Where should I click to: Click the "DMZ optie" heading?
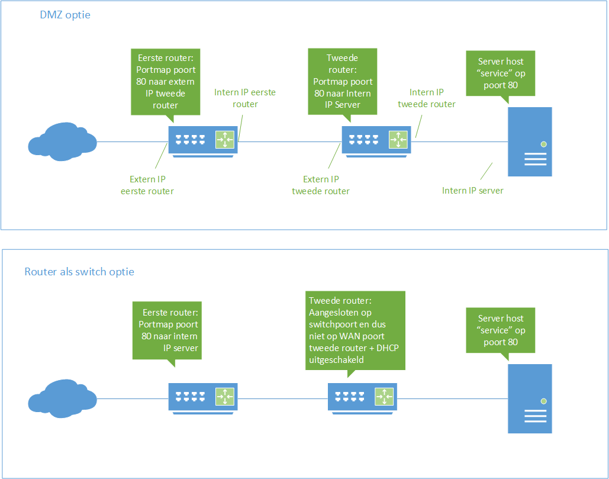[65, 15]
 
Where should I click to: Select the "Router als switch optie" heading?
[79, 272]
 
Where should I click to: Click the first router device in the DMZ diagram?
[202, 141]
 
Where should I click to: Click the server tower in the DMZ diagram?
[530, 142]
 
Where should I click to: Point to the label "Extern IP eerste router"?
[152, 185]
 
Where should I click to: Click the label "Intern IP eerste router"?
[245, 98]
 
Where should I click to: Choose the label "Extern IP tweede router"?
[321, 185]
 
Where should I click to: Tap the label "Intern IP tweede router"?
[427, 98]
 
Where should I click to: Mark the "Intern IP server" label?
[473, 191]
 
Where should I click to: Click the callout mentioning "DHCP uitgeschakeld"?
[355, 330]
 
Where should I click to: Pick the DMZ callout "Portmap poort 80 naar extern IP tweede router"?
[166, 82]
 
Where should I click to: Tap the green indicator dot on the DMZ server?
[543, 144]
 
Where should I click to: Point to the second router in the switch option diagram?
[362, 397]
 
